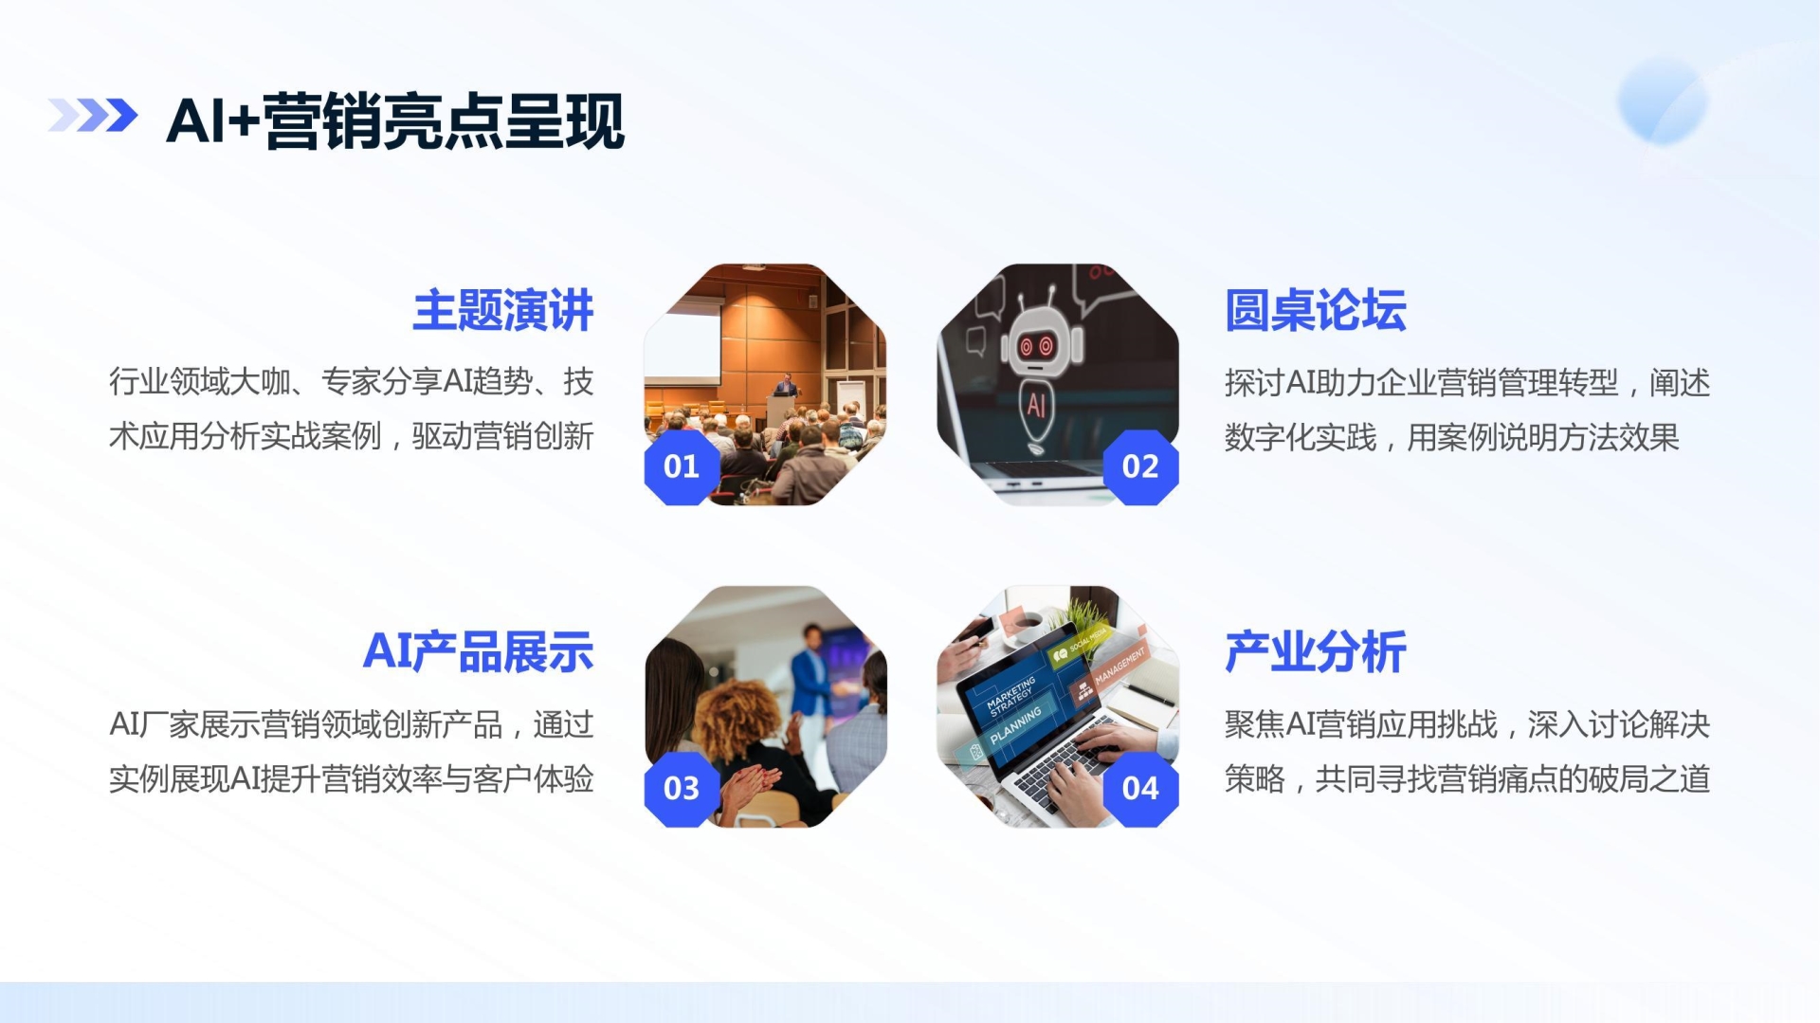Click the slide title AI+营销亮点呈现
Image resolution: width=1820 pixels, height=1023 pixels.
pyautogui.click(x=395, y=121)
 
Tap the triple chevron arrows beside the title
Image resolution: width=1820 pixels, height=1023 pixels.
pyautogui.click(x=93, y=116)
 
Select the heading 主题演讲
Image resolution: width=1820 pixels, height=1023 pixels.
pyautogui.click(x=503, y=310)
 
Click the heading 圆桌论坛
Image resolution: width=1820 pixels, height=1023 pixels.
pyautogui.click(x=1316, y=310)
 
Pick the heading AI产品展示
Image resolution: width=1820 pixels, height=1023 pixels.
pyautogui.click(x=479, y=651)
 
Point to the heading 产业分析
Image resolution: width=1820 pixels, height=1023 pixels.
pyautogui.click(x=1316, y=651)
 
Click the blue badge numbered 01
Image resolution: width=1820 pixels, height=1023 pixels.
pyautogui.click(x=682, y=466)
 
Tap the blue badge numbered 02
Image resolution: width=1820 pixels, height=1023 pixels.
pyautogui.click(x=1140, y=466)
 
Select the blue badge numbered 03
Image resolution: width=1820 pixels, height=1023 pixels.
pyautogui.click(x=682, y=788)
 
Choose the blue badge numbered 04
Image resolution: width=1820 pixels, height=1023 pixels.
pyautogui.click(x=1140, y=788)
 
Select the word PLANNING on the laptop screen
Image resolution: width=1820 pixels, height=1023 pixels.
pyautogui.click(x=1015, y=724)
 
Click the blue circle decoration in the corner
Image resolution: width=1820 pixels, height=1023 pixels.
pyautogui.click(x=1663, y=100)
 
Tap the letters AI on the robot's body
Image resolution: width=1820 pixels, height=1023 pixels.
pyautogui.click(x=1036, y=405)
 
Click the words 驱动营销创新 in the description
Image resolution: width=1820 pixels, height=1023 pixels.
pyautogui.click(x=503, y=436)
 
